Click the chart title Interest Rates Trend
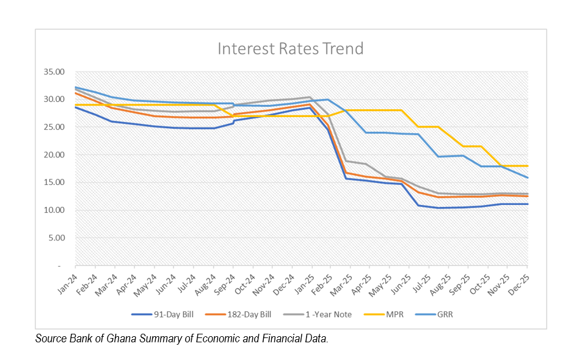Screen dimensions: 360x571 click(x=290, y=48)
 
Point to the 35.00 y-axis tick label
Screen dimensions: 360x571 click(x=54, y=72)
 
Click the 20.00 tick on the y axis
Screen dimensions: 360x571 click(x=54, y=155)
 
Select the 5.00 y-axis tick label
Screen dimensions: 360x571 click(x=56, y=238)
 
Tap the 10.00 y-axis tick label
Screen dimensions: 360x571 click(x=54, y=211)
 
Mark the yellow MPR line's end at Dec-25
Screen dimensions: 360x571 click(x=527, y=166)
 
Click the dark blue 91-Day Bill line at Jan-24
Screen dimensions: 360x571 click(x=76, y=107)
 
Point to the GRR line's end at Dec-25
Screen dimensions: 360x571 click(x=527, y=178)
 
